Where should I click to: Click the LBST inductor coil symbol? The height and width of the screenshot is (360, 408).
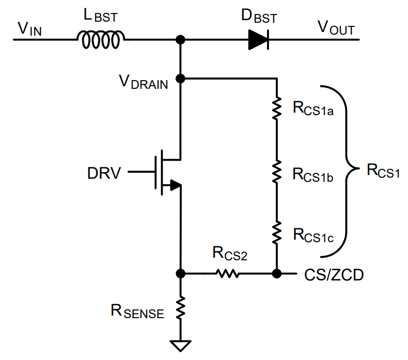pos(101,40)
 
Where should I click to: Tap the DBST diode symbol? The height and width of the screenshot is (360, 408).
pos(259,40)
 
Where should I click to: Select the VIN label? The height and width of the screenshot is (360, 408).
pos(29,29)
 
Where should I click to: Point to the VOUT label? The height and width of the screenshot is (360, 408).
pos(336,27)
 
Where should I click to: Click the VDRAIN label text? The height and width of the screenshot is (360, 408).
pos(144,82)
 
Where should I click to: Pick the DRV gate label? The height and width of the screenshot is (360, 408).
pos(104,173)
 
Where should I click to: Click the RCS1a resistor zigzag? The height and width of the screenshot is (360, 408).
pos(277,108)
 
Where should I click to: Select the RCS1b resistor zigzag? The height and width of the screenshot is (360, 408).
pos(277,171)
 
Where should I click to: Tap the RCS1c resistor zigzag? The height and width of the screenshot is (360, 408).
pos(277,233)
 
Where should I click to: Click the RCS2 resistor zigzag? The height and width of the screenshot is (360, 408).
pos(227,274)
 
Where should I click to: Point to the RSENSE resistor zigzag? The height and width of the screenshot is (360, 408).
pos(181,308)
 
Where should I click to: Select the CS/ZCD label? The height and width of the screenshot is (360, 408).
pos(334,275)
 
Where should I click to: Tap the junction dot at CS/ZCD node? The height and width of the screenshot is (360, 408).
pos(277,274)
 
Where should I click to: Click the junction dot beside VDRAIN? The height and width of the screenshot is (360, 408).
pos(181,79)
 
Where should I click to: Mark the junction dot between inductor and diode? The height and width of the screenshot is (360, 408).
pos(181,40)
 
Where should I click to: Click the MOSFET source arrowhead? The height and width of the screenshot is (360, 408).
pos(176,185)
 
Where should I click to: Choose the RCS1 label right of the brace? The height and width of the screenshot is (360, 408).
pos(383,171)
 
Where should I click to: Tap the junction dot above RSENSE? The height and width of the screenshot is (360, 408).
pos(181,274)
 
